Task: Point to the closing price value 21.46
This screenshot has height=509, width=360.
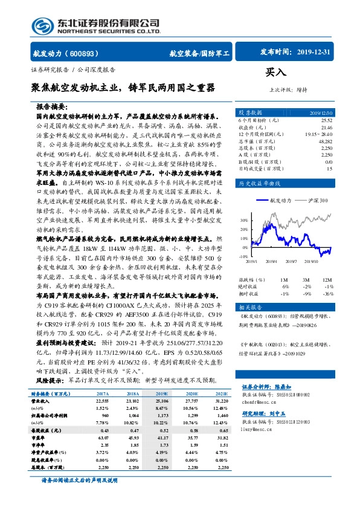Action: click(326, 128)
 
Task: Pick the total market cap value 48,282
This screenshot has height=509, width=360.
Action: click(324, 141)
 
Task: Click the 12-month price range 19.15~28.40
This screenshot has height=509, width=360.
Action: click(319, 134)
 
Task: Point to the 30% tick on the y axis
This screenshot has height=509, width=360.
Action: click(243, 220)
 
